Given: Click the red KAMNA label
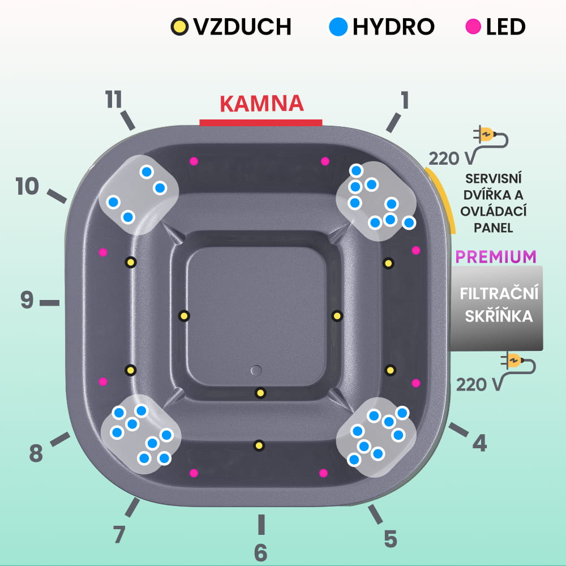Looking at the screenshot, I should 261,104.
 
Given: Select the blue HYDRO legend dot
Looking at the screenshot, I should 338,26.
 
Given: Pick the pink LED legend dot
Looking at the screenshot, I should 474,26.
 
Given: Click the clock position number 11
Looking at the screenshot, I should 114,100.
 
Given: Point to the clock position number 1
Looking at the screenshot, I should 404,100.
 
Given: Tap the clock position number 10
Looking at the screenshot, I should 27,186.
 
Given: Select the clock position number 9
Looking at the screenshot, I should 27,301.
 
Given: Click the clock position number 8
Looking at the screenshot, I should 36,453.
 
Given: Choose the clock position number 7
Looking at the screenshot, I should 118,534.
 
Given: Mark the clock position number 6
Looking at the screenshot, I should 260,552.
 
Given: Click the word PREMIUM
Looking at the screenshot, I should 496,256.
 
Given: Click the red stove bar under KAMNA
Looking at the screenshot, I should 261,122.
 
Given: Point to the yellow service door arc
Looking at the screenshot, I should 443,198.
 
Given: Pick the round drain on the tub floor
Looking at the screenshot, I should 256,370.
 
